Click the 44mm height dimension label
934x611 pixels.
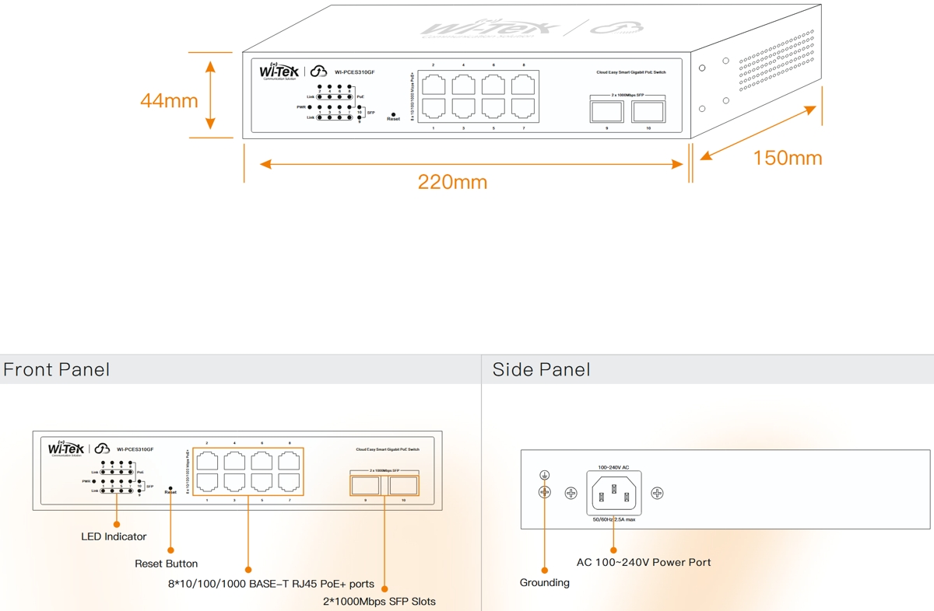pyautogui.click(x=169, y=100)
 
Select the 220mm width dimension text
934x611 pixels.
pyautogui.click(x=452, y=182)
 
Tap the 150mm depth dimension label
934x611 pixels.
pyautogui.click(x=787, y=158)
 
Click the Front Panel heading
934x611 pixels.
pyautogui.click(x=56, y=369)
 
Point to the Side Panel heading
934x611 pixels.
pyautogui.click(x=541, y=369)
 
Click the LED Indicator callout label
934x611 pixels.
pyautogui.click(x=114, y=536)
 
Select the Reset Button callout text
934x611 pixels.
pyautogui.click(x=166, y=564)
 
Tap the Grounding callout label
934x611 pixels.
pyautogui.click(x=544, y=582)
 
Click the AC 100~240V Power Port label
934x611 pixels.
pyautogui.click(x=643, y=562)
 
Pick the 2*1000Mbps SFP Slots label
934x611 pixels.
pyautogui.click(x=379, y=601)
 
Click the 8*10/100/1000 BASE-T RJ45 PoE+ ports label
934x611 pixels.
pyautogui.click(x=271, y=584)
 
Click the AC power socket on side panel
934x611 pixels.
pyautogui.click(x=614, y=493)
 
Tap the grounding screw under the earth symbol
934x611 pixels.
pyautogui.click(x=545, y=493)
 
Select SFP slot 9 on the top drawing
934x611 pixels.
pyautogui.click(x=606, y=111)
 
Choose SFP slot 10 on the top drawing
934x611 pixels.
pyautogui.click(x=648, y=111)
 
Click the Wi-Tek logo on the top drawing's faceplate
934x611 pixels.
pyautogui.click(x=279, y=72)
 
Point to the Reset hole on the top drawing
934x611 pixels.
pyautogui.click(x=393, y=113)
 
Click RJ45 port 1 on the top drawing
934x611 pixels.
pyautogui.click(x=434, y=108)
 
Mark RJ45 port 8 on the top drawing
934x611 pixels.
pyautogui.click(x=523, y=84)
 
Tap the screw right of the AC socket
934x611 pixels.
pyautogui.click(x=657, y=493)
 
